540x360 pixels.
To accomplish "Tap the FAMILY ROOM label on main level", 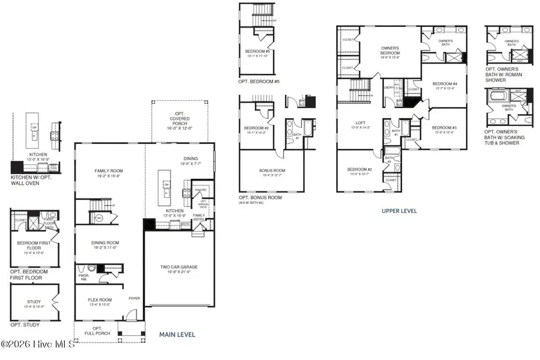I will (x=108, y=171).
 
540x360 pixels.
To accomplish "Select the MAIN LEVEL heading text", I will (x=177, y=334).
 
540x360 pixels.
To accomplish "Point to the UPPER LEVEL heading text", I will (x=399, y=211).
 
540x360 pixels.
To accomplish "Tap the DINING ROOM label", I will (x=104, y=242).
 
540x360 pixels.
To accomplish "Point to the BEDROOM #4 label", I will (x=445, y=83).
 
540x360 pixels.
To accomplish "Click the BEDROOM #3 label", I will (x=444, y=128).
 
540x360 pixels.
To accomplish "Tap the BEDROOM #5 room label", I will (x=258, y=52).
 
